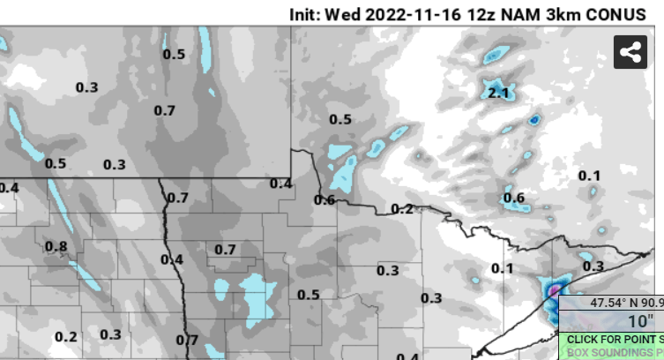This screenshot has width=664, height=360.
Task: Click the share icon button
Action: (x=630, y=52)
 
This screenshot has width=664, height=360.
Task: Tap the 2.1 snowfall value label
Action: (x=498, y=93)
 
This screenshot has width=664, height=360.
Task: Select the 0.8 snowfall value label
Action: (x=56, y=246)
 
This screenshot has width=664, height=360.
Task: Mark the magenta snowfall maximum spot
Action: (x=555, y=289)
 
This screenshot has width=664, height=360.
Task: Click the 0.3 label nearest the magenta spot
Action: (x=593, y=266)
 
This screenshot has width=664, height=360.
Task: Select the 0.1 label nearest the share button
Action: (x=589, y=176)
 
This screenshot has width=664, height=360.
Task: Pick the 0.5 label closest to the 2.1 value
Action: (x=339, y=119)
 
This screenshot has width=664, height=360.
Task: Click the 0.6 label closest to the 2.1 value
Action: (x=514, y=197)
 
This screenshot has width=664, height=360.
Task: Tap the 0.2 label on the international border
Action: (x=402, y=208)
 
